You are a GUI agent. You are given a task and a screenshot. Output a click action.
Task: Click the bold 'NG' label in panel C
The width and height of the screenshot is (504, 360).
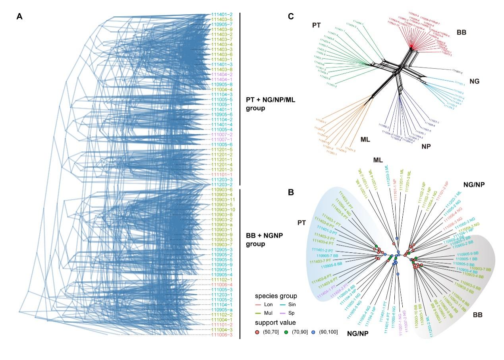[474, 81]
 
